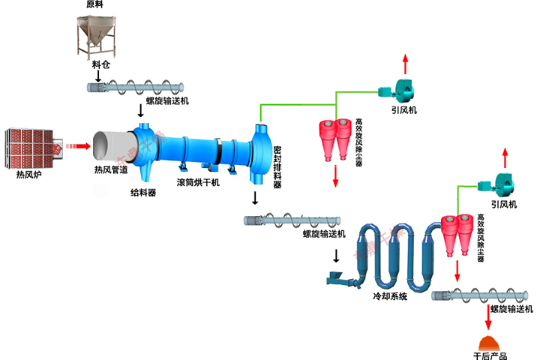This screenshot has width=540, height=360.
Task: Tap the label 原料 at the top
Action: pyautogui.click(x=94, y=5)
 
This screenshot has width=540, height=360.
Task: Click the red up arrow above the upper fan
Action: pyautogui.click(x=406, y=61)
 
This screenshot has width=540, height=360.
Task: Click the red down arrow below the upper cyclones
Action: pyautogui.click(x=335, y=175)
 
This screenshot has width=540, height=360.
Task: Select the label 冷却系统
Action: pyautogui.click(x=390, y=297)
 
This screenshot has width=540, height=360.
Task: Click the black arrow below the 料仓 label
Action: pyautogui.click(x=99, y=76)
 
